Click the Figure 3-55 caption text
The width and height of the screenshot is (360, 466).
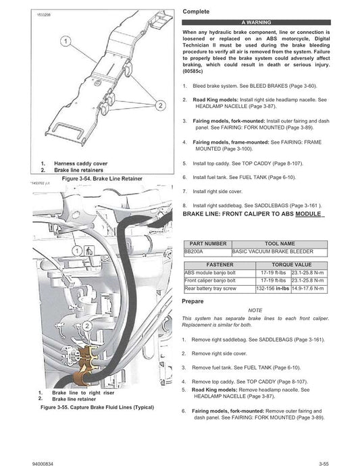click(97, 408)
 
